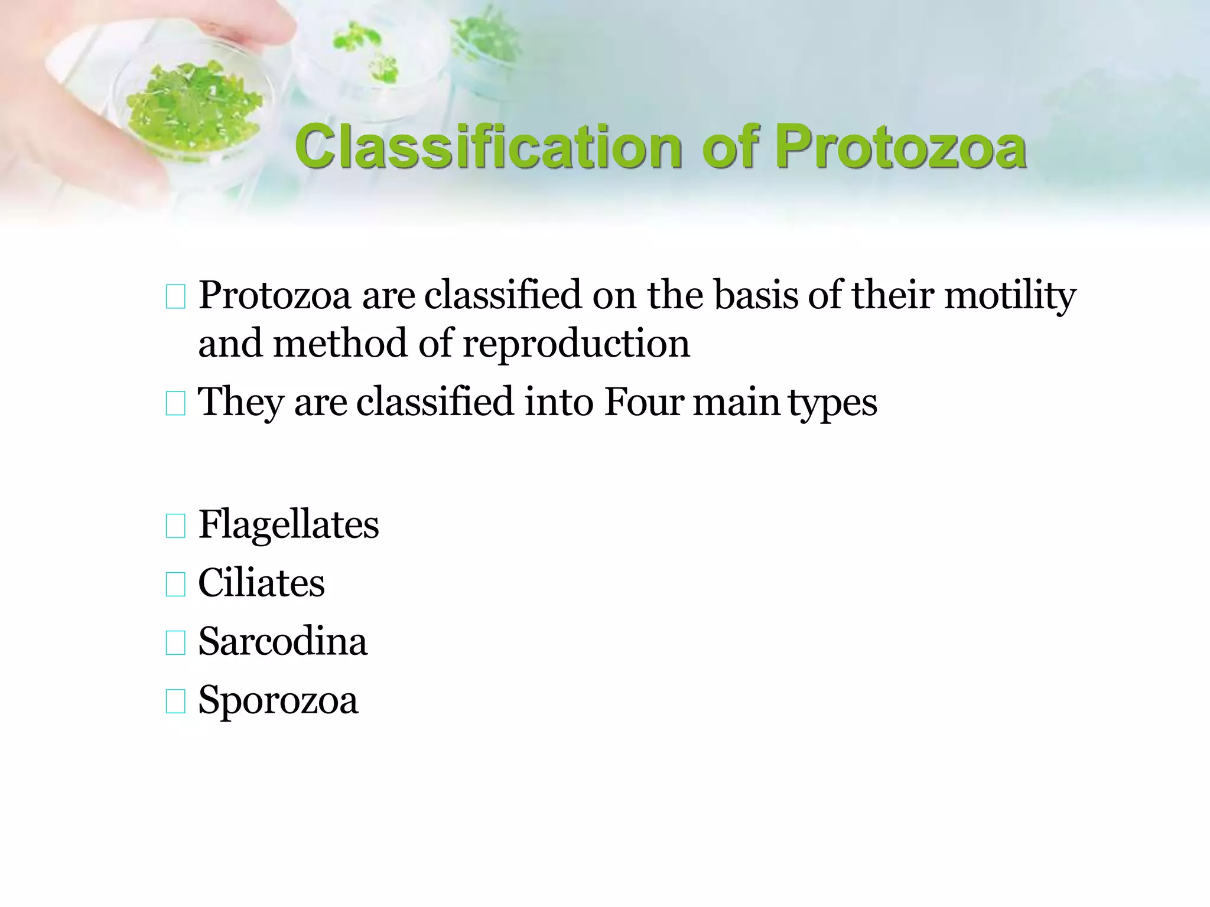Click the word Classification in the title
tap(488, 147)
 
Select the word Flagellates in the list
tap(288, 524)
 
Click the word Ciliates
tap(261, 583)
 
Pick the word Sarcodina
tap(282, 641)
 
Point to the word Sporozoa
tap(278, 700)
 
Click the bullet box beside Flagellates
tap(175, 526)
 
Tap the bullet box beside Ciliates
tap(175, 584)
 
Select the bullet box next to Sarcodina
tap(175, 642)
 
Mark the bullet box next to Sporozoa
tap(175, 701)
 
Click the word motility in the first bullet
tap(1010, 295)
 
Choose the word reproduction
tap(576, 344)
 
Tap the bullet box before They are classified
tap(175, 403)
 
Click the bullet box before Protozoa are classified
tap(175, 296)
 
